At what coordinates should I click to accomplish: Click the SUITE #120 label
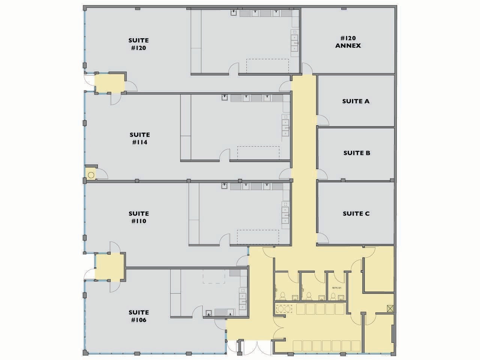click(x=138, y=44)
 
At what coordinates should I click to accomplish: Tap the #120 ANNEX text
click(x=348, y=42)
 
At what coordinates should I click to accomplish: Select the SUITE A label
click(x=355, y=101)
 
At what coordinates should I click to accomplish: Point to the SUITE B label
click(x=357, y=153)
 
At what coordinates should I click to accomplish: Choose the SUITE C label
click(x=356, y=213)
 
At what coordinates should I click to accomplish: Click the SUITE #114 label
click(x=139, y=138)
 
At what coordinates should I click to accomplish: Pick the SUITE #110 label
click(x=138, y=217)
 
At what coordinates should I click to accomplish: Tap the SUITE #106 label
click(x=138, y=316)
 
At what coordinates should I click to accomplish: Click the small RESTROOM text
click(x=336, y=288)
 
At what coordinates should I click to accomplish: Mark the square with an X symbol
click(x=390, y=309)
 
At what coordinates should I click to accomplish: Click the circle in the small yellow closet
click(x=91, y=174)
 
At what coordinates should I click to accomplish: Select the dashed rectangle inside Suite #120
click(x=267, y=66)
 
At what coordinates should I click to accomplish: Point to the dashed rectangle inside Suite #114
click(x=258, y=153)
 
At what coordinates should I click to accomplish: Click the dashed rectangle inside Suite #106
click(x=213, y=276)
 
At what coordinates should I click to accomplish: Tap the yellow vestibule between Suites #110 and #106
click(x=109, y=266)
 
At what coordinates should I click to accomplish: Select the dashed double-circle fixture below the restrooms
click(x=284, y=309)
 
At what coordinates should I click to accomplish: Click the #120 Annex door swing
click(x=307, y=69)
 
